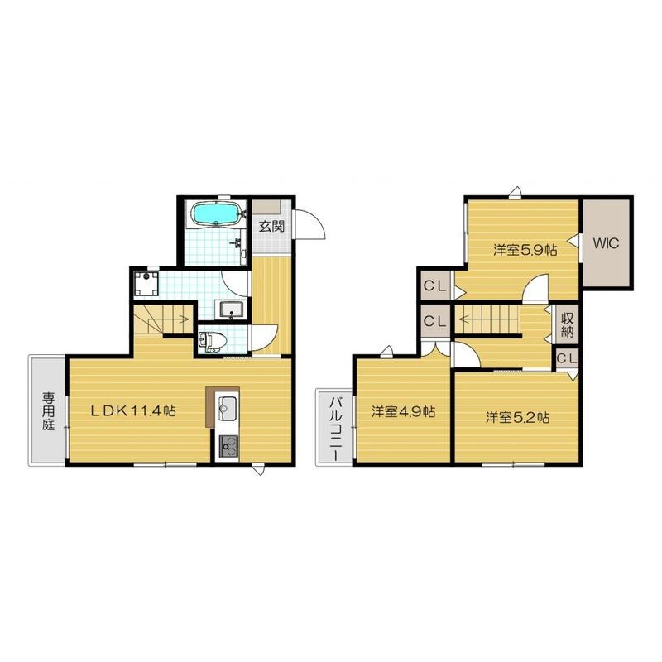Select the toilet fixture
coord(212,340)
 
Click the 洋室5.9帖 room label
coord(525,249)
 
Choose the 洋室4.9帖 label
coord(402,411)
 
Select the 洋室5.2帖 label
coord(517,417)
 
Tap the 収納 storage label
coord(568,324)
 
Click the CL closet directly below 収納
coord(566,358)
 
